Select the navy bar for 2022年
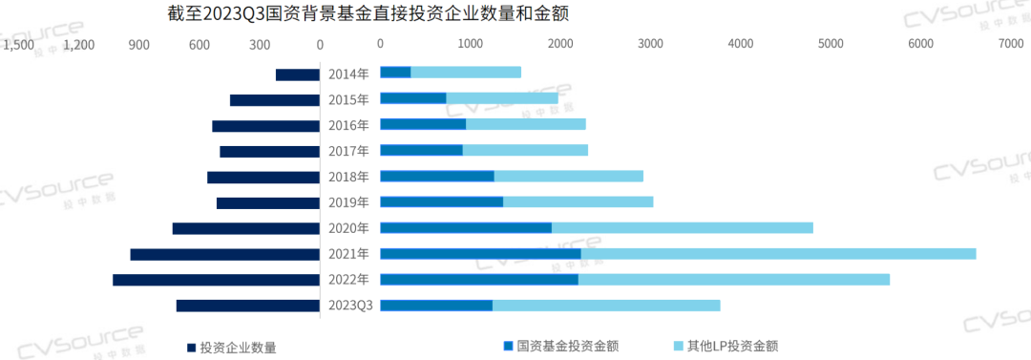(216, 280)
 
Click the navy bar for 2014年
(297, 74)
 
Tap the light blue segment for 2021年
(778, 254)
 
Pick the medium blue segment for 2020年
(466, 228)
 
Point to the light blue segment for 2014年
(466, 73)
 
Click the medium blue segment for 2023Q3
(436, 306)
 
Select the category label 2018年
(348, 177)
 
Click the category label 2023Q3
(349, 306)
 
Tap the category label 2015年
(348, 99)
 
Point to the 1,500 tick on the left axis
(18, 44)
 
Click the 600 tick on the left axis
(199, 44)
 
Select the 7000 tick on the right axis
(1010, 44)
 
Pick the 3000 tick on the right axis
(651, 44)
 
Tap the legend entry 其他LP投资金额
(733, 346)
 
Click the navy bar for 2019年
(267, 202)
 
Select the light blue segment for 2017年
(525, 151)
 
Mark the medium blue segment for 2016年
(423, 125)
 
